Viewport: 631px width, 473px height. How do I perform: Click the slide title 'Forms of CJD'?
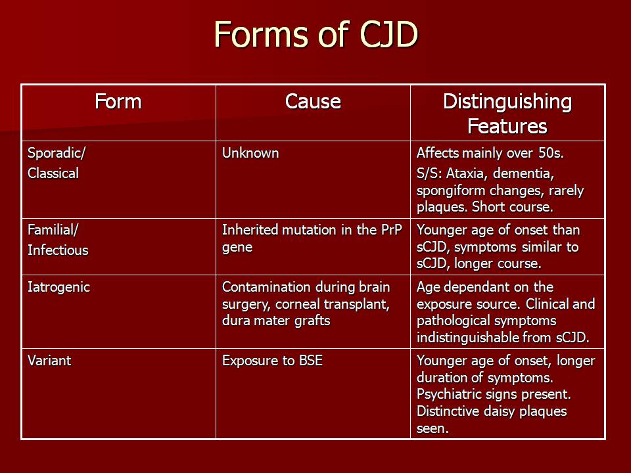tap(316, 35)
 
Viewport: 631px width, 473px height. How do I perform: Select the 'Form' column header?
tap(118, 101)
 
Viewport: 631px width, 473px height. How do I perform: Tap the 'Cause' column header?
tap(313, 101)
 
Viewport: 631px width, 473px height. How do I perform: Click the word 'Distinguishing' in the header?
tap(507, 102)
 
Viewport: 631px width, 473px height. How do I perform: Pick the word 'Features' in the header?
tap(507, 126)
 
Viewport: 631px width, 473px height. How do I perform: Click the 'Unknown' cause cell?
tap(250, 153)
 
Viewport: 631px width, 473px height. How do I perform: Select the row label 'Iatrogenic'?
tap(58, 288)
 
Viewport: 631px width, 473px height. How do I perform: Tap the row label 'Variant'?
tap(49, 361)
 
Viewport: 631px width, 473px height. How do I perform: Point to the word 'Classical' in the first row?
tap(53, 173)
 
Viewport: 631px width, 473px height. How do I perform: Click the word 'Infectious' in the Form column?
tap(58, 250)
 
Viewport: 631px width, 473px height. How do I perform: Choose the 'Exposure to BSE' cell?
tap(272, 361)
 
